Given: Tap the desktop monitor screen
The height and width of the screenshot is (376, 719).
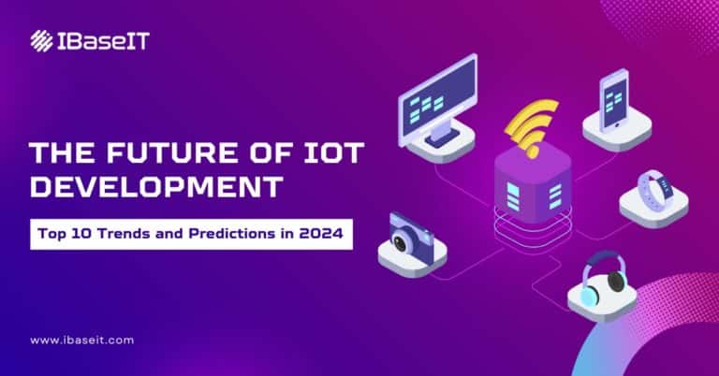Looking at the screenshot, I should pyautogui.click(x=436, y=102).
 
